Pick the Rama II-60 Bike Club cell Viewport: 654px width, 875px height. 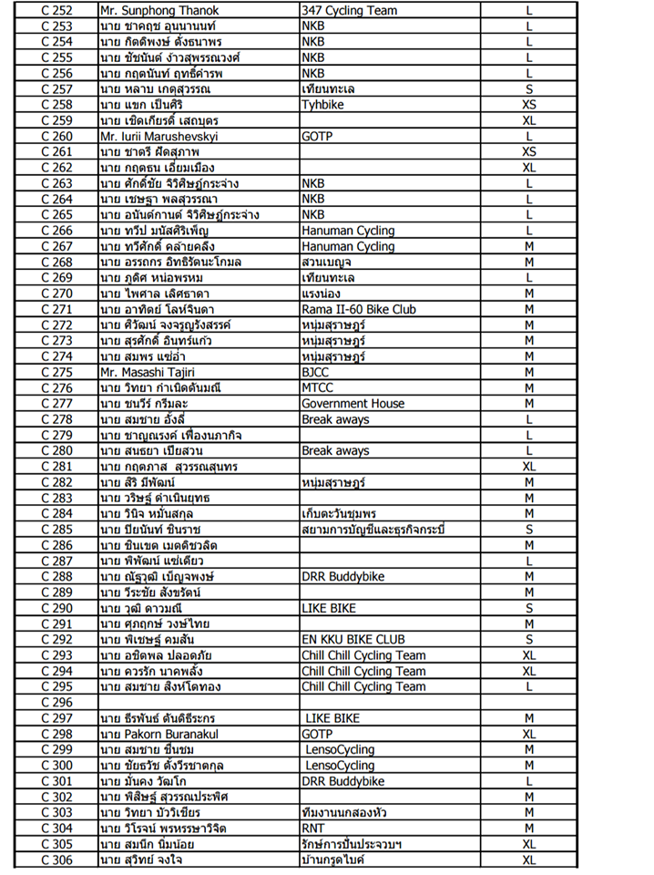pyautogui.click(x=358, y=309)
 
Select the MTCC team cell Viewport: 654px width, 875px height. pyautogui.click(x=318, y=387)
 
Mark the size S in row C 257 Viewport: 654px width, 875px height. pyautogui.click(x=528, y=89)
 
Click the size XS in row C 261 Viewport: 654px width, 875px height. pyautogui.click(x=528, y=151)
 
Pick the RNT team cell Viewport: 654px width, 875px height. pyautogui.click(x=313, y=828)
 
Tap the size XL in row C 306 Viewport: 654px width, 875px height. pyautogui.click(x=528, y=860)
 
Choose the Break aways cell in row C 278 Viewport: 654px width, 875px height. pyautogui.click(x=335, y=419)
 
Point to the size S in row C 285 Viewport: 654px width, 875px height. pyautogui.click(x=528, y=530)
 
